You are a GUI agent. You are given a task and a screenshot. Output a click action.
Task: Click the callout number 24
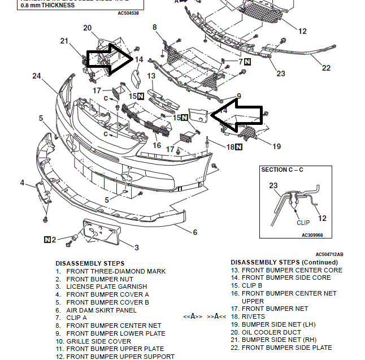tap(37, 76)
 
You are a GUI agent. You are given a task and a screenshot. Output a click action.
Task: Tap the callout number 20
tap(88, 28)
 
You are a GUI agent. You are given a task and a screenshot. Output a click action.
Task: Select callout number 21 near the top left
tap(64, 41)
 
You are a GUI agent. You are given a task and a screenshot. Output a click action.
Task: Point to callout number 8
tap(154, 27)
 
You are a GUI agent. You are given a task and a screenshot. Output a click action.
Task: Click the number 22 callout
tap(326, 68)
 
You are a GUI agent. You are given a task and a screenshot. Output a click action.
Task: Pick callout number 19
tap(276, 146)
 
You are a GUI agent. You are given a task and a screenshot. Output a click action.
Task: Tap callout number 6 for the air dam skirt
tap(195, 232)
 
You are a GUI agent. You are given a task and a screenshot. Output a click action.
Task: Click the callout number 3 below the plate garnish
tap(136, 247)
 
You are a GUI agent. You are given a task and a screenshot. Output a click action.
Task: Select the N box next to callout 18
tap(239, 147)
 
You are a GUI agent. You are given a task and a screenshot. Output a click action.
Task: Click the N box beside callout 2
tap(47, 240)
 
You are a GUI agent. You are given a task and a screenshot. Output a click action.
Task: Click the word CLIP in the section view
tap(303, 223)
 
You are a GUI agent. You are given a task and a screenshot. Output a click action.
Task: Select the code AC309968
tap(312, 233)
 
